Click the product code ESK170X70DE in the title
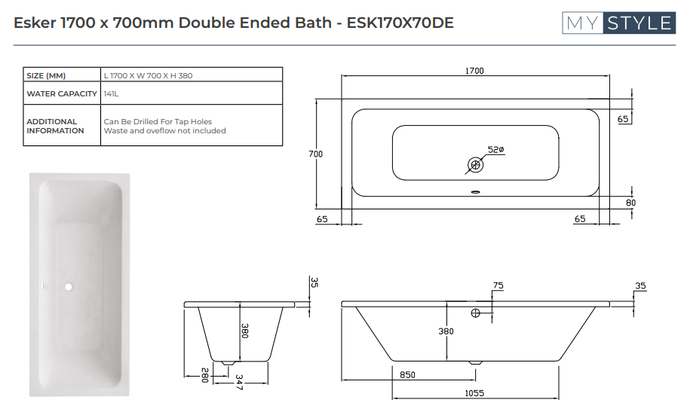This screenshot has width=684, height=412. click(400, 23)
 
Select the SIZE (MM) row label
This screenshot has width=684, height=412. click(47, 75)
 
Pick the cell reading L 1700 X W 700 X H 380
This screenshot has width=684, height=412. click(152, 75)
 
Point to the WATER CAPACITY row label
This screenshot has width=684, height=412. click(62, 94)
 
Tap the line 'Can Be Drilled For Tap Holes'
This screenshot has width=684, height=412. click(158, 121)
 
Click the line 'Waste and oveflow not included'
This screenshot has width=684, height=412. click(164, 130)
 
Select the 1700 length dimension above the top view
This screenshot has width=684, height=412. click(474, 71)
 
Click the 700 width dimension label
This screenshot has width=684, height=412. click(316, 154)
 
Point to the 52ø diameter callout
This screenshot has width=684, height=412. click(495, 150)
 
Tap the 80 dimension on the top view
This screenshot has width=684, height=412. click(630, 202)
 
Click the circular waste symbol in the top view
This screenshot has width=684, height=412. click(475, 163)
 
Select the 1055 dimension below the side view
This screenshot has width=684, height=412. click(474, 393)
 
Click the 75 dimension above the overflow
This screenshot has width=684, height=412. click(498, 286)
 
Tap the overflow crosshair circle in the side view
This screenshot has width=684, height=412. click(476, 313)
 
